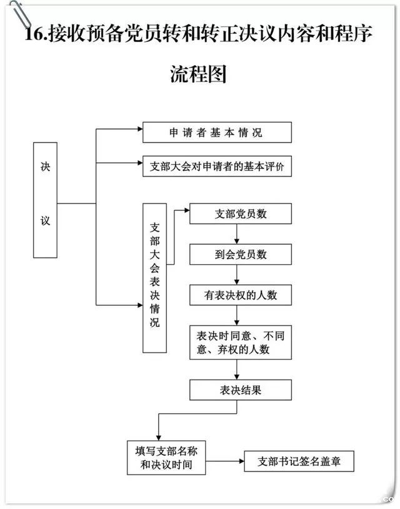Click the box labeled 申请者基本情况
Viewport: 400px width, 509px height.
pyautogui.click(x=216, y=133)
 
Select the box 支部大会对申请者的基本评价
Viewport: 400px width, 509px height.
pyautogui.click(x=216, y=167)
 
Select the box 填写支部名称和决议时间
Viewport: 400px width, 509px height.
pyautogui.click(x=166, y=458)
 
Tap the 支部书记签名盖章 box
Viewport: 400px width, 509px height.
pyautogui.click(x=299, y=463)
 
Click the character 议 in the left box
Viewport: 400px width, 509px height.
pyautogui.click(x=45, y=220)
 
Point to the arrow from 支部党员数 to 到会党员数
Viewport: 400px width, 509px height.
pyautogui.click(x=236, y=234)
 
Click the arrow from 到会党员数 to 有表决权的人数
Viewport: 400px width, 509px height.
pyautogui.click(x=236, y=275)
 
